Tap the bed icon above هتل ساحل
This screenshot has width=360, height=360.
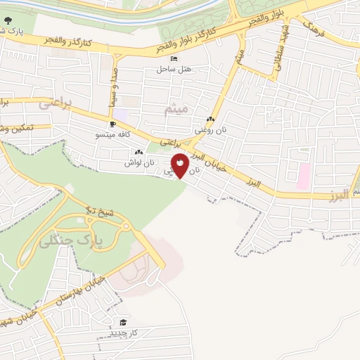tap(174, 60)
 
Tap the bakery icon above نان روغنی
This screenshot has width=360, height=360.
tap(211, 120)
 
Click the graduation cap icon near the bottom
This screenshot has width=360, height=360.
tap(124, 322)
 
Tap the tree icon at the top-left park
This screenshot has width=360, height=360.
tap(7, 30)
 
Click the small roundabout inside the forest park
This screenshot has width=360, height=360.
tap(126, 226)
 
